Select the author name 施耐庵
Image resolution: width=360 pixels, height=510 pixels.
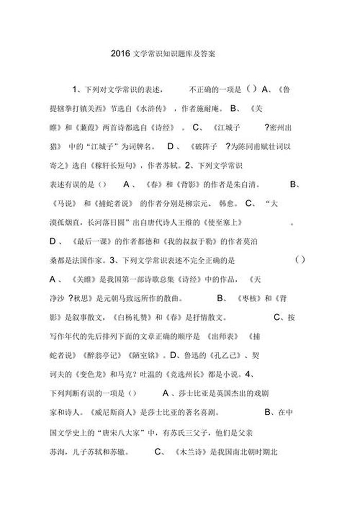point(209,109)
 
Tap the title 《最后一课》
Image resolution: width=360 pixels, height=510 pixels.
point(93,241)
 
